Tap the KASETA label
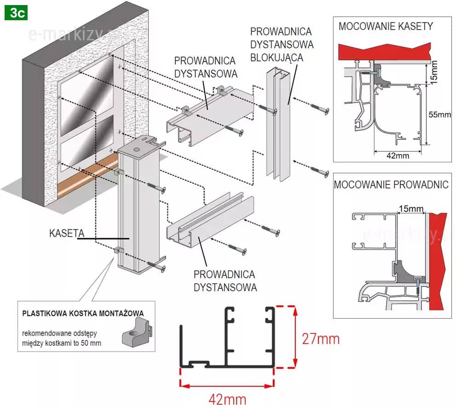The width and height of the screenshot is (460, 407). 66,233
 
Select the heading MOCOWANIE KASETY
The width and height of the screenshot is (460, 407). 385,26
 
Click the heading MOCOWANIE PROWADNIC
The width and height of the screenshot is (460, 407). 391,185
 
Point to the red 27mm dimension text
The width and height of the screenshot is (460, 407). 321,339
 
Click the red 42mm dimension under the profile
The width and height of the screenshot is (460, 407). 227,399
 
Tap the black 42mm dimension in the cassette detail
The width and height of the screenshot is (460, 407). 397,155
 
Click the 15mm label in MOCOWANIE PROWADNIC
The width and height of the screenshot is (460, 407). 411,209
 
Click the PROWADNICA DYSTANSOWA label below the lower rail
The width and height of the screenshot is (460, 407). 224,281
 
